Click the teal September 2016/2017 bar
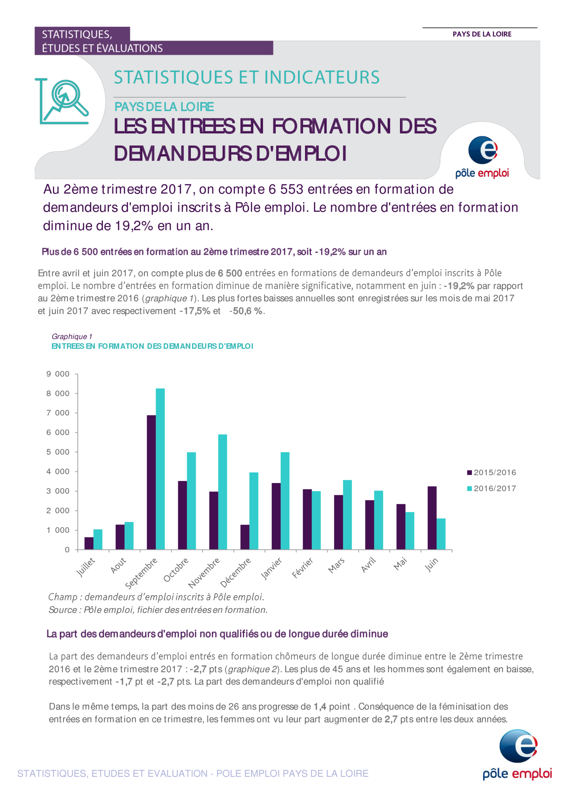[160, 469]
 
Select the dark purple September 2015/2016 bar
[151, 482]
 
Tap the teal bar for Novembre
[223, 492]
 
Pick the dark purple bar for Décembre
[245, 537]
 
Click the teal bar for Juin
[441, 534]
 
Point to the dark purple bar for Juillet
[89, 543]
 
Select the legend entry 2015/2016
[491, 472]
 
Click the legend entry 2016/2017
[491, 489]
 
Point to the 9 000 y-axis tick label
[58, 374]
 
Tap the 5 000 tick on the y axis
[58, 452]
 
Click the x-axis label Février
[303, 568]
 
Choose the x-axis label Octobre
[176, 570]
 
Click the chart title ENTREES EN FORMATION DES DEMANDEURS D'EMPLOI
[152, 346]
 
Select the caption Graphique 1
[72, 336]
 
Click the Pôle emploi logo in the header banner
[482, 157]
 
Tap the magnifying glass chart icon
[62, 101]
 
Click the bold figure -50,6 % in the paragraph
[246, 311]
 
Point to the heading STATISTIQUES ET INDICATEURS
[247, 77]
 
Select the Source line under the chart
[158, 610]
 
